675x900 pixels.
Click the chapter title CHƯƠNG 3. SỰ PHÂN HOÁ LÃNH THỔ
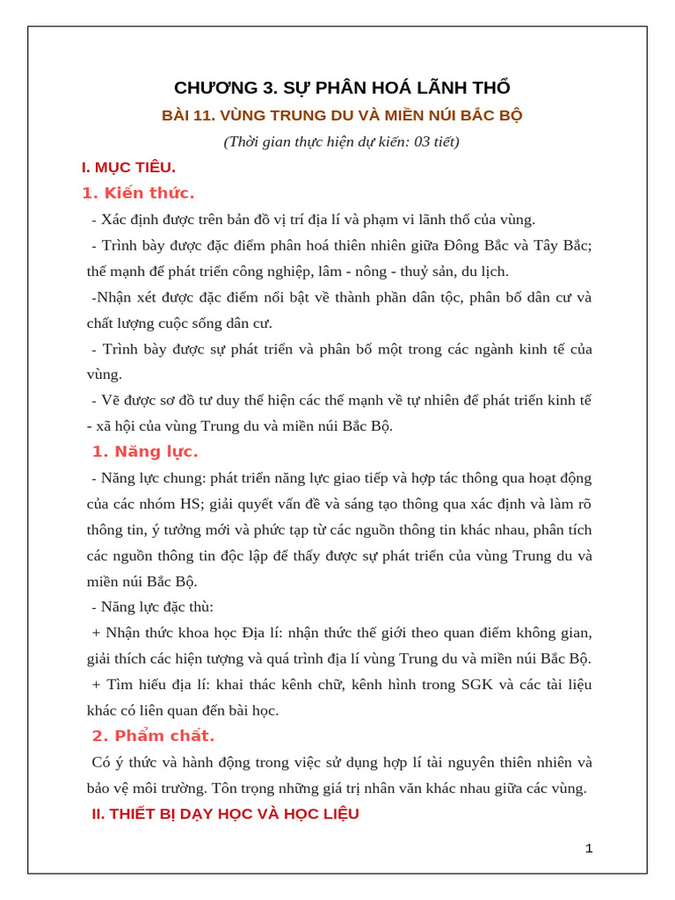[x=342, y=88]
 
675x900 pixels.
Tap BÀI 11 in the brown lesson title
[x=185, y=115]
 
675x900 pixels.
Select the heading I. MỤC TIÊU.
[x=128, y=167]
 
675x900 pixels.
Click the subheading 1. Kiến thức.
[x=138, y=193]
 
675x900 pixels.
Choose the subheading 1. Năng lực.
[x=145, y=452]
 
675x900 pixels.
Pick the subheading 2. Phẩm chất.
[x=153, y=736]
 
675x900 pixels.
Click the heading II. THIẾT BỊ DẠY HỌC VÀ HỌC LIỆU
[x=225, y=814]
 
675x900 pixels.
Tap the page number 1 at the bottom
[x=589, y=848]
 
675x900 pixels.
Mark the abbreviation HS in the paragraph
[x=191, y=504]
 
